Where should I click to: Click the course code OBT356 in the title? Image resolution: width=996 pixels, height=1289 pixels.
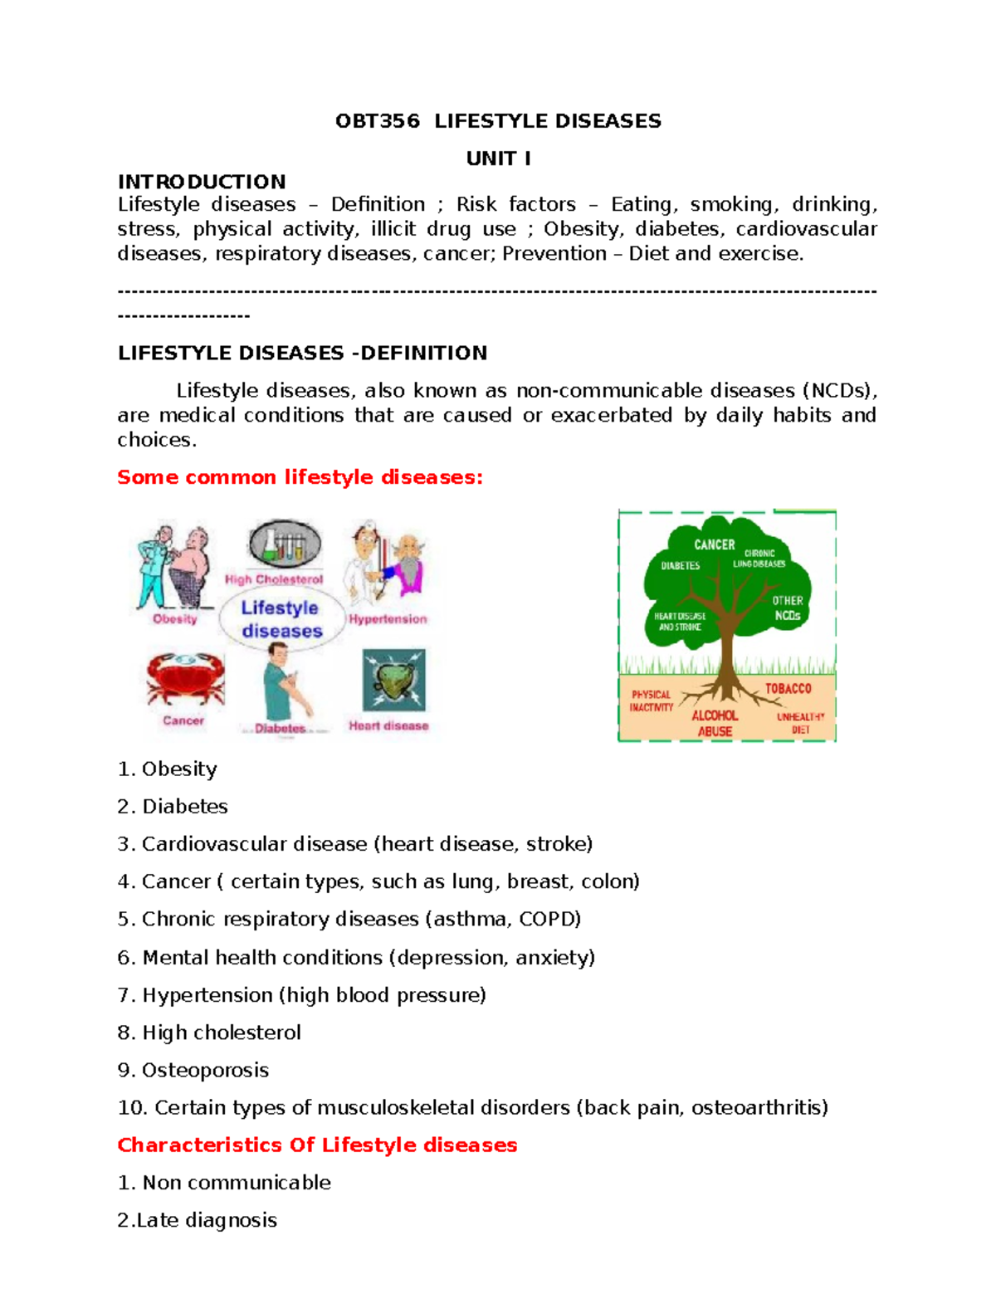coord(377,121)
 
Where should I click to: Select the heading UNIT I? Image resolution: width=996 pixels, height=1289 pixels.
coord(498,159)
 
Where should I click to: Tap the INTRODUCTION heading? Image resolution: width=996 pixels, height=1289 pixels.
coord(202,182)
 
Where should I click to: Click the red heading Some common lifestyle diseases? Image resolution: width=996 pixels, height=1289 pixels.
coord(300,477)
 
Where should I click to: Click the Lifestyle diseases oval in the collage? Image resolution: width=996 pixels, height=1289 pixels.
coord(281,619)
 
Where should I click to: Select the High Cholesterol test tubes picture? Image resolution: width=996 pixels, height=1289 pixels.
coord(284,545)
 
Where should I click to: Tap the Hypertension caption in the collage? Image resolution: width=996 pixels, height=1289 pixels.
coord(388,619)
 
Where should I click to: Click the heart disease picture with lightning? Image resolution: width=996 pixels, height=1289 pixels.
coord(393,681)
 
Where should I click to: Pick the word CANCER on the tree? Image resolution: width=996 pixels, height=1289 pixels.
coord(714,544)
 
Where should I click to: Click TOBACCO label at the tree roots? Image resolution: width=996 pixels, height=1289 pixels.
coord(788,688)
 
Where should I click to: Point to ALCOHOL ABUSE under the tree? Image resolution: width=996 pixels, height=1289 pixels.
coord(715,723)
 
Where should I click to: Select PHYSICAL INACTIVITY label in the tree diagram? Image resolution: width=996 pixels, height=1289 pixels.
coord(652,701)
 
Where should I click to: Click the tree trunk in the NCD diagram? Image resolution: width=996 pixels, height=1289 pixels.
coord(727,656)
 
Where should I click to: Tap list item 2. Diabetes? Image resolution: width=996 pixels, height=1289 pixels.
coord(173,806)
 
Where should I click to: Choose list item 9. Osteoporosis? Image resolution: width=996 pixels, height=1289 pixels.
coord(193,1070)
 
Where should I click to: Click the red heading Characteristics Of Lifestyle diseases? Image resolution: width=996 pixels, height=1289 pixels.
coord(317,1145)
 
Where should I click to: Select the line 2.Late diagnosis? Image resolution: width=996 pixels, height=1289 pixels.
coord(198,1220)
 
